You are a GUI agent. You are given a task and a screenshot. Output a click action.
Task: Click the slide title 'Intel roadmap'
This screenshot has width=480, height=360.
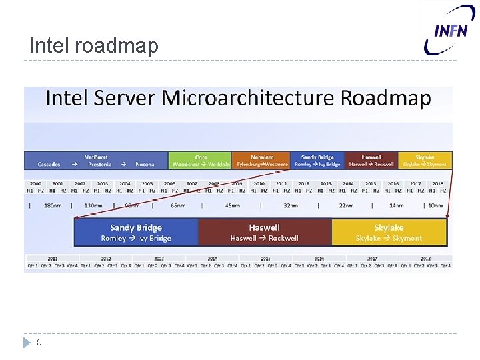pyautogui.click(x=94, y=45)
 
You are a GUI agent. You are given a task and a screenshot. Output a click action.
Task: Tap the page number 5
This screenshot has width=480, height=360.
pyautogui.click(x=39, y=342)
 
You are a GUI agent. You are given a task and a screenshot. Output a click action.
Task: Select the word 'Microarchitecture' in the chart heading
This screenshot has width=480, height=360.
pyautogui.click(x=249, y=99)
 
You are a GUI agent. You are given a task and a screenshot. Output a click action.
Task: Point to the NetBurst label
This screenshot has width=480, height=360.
pyautogui.click(x=96, y=157)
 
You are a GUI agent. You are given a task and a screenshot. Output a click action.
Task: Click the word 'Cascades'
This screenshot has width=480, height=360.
pyautogui.click(x=49, y=164)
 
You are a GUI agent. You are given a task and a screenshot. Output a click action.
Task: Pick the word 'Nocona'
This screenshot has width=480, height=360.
pyautogui.click(x=144, y=164)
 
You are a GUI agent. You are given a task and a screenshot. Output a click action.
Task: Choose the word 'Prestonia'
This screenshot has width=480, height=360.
pyautogui.click(x=100, y=164)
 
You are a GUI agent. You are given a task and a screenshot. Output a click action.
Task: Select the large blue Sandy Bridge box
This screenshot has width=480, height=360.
pyautogui.click(x=136, y=232)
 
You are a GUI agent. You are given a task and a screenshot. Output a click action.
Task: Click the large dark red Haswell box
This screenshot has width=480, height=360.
pyautogui.click(x=265, y=232)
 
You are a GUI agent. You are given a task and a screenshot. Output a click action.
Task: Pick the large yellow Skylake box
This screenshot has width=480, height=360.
pyautogui.click(x=389, y=232)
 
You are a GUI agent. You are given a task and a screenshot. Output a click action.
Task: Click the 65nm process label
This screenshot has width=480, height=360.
pyautogui.click(x=178, y=205)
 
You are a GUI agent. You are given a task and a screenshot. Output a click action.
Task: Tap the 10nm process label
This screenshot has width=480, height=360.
pyautogui.click(x=435, y=205)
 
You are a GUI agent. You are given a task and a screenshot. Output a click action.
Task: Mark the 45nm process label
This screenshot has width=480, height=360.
pyautogui.click(x=233, y=205)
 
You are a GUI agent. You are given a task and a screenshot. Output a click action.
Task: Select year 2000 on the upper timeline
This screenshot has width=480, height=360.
pyautogui.click(x=35, y=183)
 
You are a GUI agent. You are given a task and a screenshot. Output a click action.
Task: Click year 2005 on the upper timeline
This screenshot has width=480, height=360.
pyautogui.click(x=147, y=183)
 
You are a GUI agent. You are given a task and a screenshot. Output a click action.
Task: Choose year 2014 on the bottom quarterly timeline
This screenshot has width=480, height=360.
pyautogui.click(x=212, y=258)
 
